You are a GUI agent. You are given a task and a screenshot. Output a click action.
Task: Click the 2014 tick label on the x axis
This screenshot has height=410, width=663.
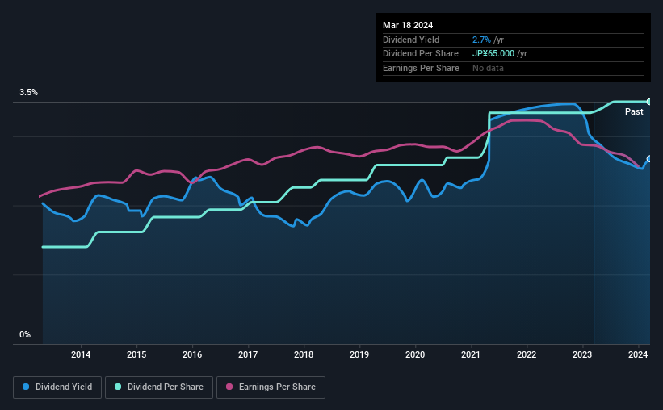click(81, 354)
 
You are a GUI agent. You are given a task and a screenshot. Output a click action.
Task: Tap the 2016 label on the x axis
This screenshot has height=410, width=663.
click(192, 354)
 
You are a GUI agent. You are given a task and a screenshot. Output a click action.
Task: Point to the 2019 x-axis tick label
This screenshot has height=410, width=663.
click(359, 354)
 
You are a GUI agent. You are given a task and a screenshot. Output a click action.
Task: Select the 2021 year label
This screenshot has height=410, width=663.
click(471, 354)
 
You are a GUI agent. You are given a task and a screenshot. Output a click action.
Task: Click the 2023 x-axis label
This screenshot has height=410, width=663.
click(582, 354)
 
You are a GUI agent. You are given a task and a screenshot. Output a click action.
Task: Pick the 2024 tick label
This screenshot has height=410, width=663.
click(638, 354)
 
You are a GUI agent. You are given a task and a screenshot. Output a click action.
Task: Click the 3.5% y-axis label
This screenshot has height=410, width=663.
click(29, 93)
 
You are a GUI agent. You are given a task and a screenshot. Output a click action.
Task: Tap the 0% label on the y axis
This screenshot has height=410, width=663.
click(25, 334)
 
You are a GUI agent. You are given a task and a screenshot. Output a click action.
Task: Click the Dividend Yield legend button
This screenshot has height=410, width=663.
click(58, 387)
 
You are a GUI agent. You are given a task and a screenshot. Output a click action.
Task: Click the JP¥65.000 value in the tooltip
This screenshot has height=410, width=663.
click(498, 53)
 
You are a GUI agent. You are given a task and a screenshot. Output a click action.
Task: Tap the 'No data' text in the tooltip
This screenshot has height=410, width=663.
click(489, 68)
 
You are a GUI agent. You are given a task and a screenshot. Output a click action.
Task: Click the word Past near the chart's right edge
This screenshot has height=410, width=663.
click(634, 111)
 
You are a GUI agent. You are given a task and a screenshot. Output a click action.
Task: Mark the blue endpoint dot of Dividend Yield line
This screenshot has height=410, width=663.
click(648, 159)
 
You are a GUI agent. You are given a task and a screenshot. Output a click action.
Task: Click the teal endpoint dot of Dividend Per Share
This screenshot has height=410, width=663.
click(648, 102)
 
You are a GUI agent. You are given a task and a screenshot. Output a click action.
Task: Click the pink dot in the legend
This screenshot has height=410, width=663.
click(229, 387)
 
